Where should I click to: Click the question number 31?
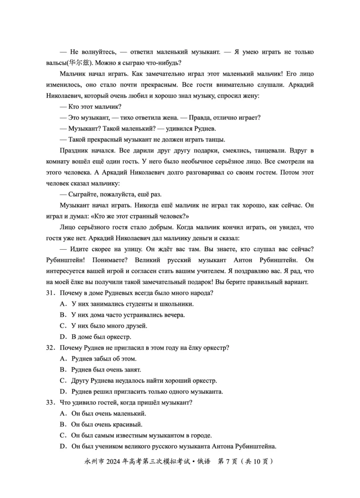click(x=50, y=293)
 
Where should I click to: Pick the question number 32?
click(x=50, y=348)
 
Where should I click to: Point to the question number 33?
click(x=50, y=402)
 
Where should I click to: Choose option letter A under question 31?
click(x=63, y=304)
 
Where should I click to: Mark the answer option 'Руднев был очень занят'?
click(x=106, y=369)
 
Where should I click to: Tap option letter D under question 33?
click(x=63, y=446)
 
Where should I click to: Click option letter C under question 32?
click(x=63, y=380)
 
